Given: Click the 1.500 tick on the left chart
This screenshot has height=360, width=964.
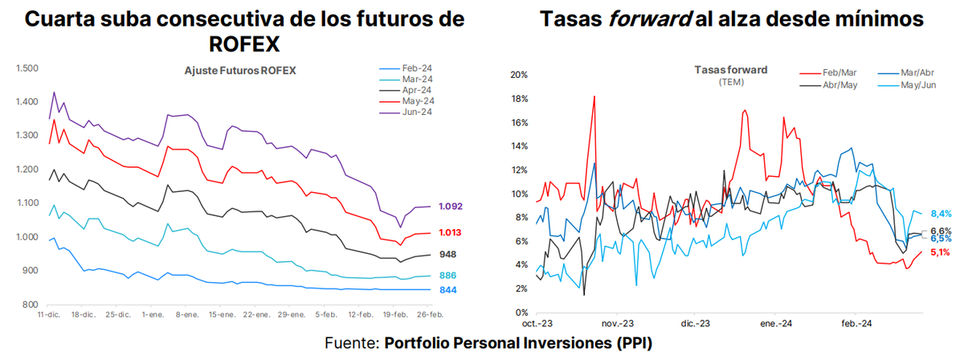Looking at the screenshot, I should click(x=27, y=68).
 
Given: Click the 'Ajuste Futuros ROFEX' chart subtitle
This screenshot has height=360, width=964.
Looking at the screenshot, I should click(x=240, y=71).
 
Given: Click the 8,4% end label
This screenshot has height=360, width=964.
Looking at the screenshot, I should click(x=940, y=215).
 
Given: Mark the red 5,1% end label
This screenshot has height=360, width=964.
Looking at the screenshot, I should click(x=939, y=252).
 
